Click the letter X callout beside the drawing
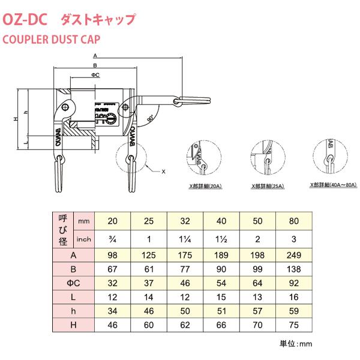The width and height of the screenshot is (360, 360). [163, 171]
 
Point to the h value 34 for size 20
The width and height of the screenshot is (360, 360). [112, 311]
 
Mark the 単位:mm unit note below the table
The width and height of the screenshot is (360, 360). [296, 344]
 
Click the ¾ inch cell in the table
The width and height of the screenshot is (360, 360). [112, 240]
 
